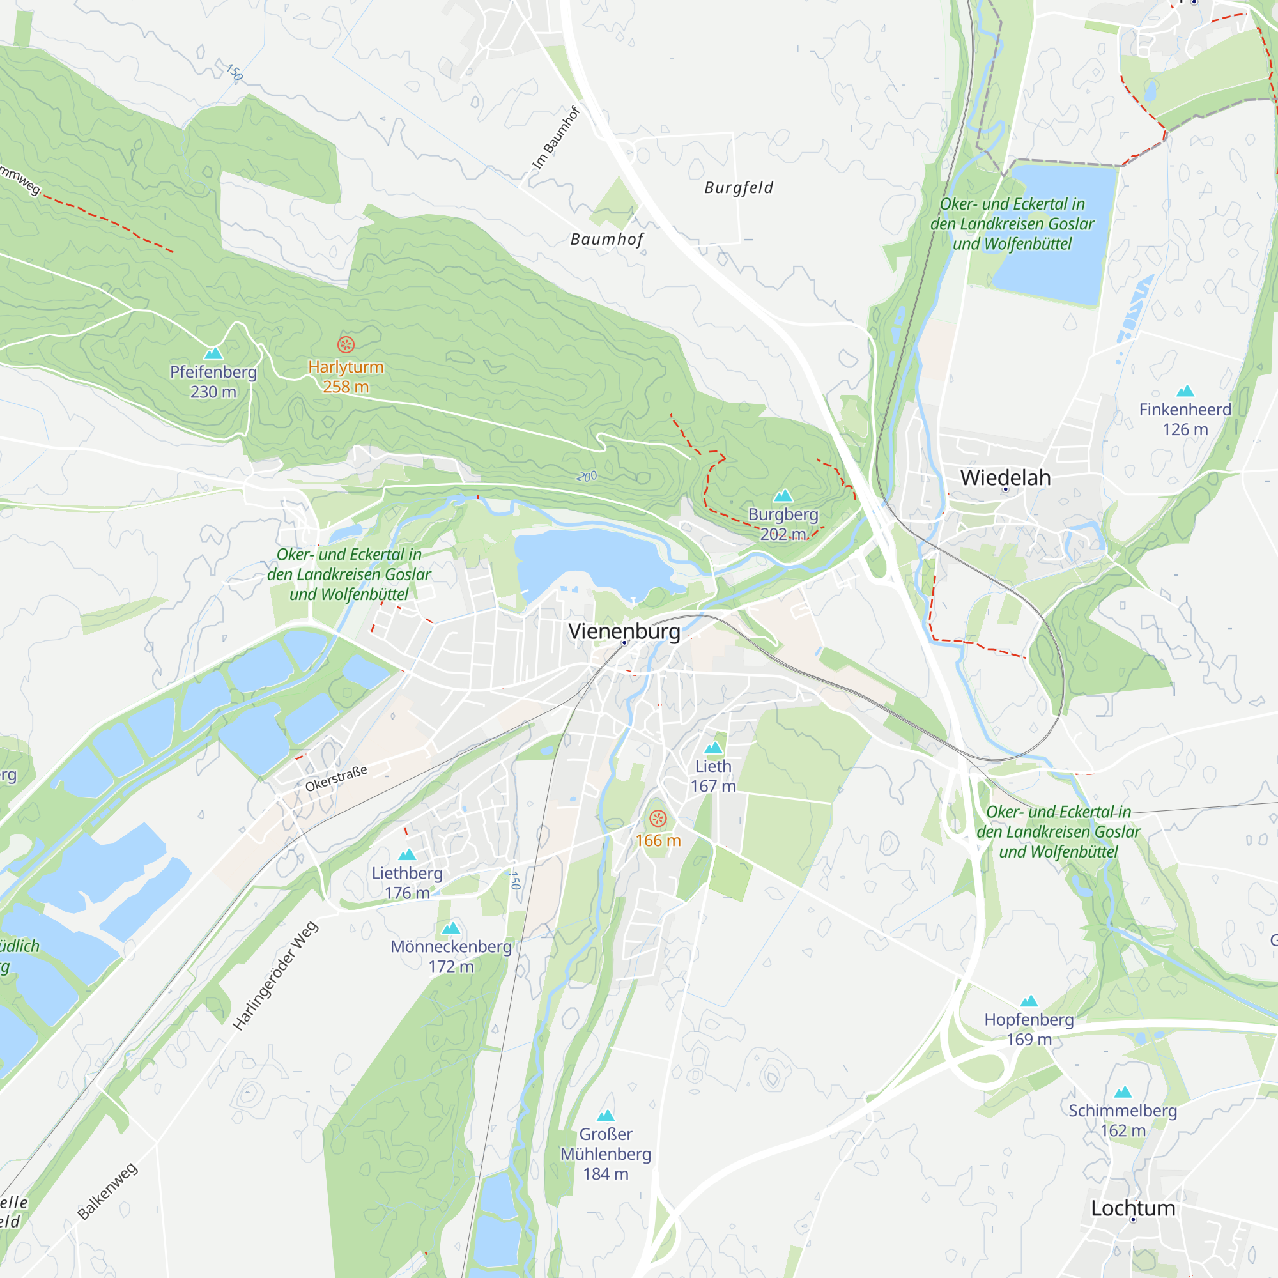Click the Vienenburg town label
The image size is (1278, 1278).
click(x=624, y=631)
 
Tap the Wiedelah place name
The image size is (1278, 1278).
click(x=1005, y=477)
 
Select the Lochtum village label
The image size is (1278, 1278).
click(x=1132, y=1208)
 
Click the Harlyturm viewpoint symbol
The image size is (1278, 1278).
click(x=346, y=344)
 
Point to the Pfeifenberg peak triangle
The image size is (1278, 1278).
click(x=213, y=353)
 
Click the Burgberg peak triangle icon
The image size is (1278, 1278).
click(x=783, y=495)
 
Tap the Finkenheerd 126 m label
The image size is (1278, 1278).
click(x=1185, y=419)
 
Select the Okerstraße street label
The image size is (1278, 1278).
click(x=336, y=778)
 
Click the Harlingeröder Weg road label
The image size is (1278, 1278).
click(x=276, y=976)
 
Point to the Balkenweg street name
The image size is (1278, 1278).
click(x=107, y=1190)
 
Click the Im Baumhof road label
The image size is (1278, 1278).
click(x=556, y=138)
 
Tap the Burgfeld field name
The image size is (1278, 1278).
click(x=738, y=188)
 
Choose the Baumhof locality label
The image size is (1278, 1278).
click(x=606, y=240)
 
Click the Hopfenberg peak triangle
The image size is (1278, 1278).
click(x=1029, y=1001)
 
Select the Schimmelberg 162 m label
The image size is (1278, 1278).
click(x=1123, y=1121)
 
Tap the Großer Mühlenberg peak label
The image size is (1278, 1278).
click(x=605, y=1154)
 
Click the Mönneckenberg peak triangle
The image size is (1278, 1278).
click(x=451, y=928)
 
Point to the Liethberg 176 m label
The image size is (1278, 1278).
click(x=407, y=882)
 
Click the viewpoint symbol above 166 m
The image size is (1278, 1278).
click(x=658, y=819)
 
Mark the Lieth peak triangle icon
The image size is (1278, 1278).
click(x=713, y=748)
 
